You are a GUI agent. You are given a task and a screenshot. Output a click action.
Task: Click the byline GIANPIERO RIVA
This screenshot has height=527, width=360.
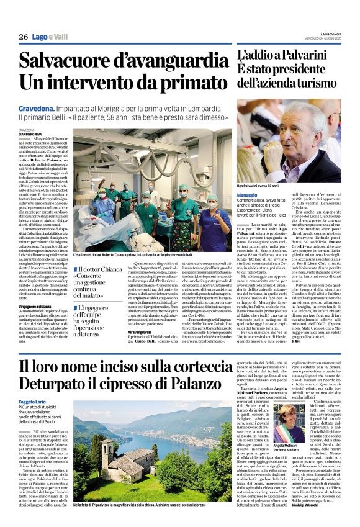32,133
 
